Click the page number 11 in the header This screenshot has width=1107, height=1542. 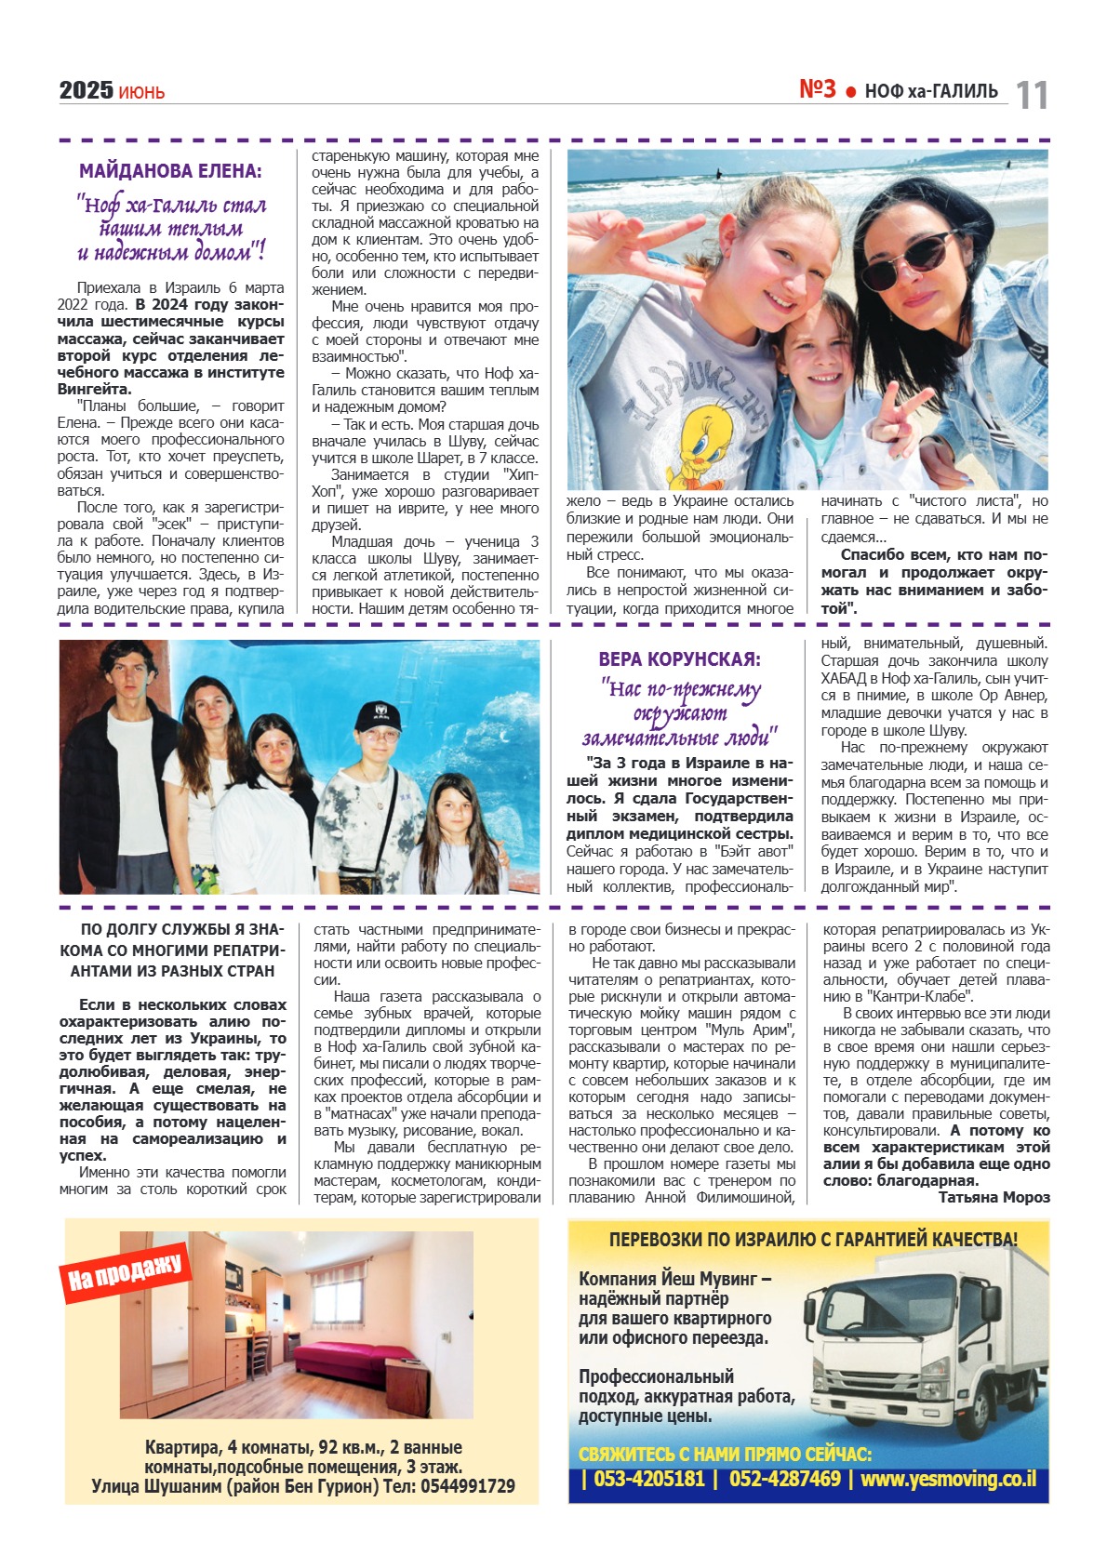pyautogui.click(x=1032, y=95)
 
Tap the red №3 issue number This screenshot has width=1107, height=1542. pyautogui.click(x=818, y=89)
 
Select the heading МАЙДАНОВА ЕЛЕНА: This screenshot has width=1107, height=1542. pyautogui.click(x=170, y=171)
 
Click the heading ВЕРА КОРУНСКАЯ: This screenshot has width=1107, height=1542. pyautogui.click(x=679, y=659)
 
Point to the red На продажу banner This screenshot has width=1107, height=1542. pyautogui.click(x=125, y=1271)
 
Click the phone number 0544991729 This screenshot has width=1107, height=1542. pyautogui.click(x=467, y=1486)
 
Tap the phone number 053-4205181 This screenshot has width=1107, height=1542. pyautogui.click(x=648, y=1479)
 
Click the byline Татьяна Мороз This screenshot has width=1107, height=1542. pyautogui.click(x=994, y=1198)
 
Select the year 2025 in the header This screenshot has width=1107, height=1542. pyautogui.click(x=86, y=90)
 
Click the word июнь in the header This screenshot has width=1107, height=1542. pyautogui.click(x=141, y=92)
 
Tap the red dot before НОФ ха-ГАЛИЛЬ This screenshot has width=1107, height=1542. pyautogui.click(x=850, y=91)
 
